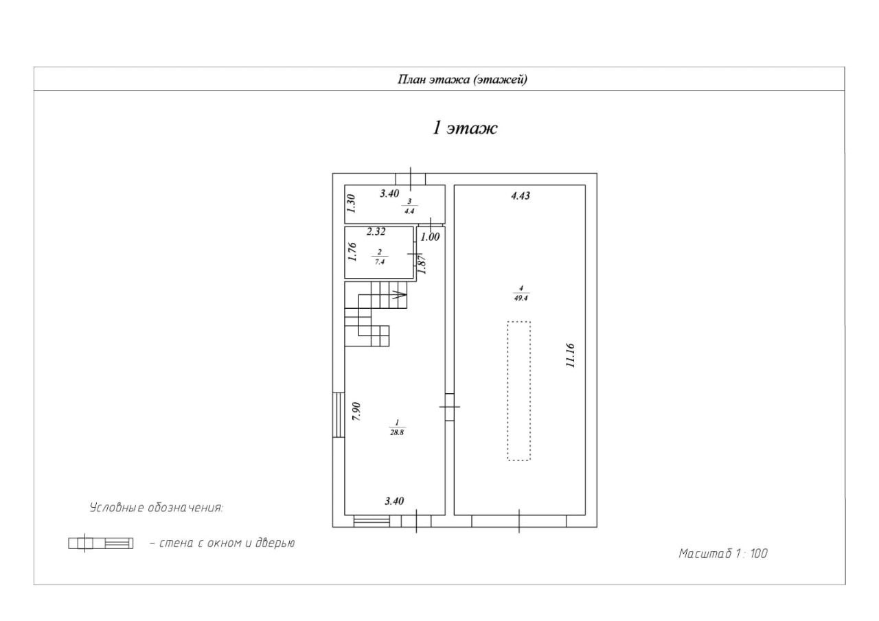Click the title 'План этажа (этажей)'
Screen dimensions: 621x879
pos(463,80)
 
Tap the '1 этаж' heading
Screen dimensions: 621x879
pos(464,128)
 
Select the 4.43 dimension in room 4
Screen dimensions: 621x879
pos(520,196)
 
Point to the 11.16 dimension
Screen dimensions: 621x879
pos(570,356)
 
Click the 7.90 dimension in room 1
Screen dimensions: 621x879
pos(356,411)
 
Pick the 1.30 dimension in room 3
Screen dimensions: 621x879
pos(351,204)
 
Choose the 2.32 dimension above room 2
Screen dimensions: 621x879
pos(376,232)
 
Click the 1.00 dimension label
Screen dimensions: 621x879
pos(430,237)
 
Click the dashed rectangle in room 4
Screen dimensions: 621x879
pos(518,390)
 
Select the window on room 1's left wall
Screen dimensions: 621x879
pos(339,414)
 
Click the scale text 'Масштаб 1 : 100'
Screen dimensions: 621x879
pos(722,554)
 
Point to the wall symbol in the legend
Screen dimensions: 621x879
pos(100,543)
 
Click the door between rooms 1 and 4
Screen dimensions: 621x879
pos(449,406)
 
